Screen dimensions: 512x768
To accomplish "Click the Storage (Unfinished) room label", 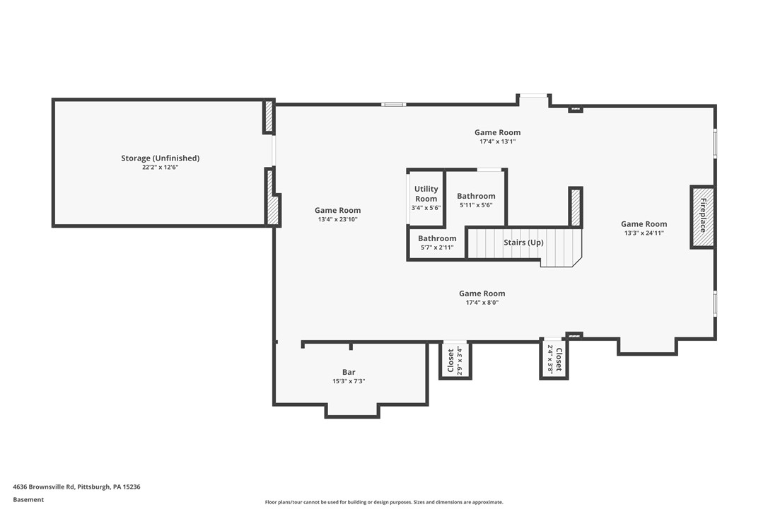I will coord(160,158).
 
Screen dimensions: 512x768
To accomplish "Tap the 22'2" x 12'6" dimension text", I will coord(160,168).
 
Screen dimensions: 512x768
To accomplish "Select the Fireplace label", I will coord(703,216).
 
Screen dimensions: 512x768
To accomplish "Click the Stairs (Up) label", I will coord(523,243).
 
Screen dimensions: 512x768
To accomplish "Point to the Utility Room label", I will coord(426,194).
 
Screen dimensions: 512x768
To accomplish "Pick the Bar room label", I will coord(349,372).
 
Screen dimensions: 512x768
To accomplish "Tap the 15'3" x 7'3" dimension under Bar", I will coord(349,381).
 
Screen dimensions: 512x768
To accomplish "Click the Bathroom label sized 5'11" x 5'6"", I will coord(476,196).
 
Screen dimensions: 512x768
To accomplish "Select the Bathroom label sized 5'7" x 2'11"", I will coord(437,238).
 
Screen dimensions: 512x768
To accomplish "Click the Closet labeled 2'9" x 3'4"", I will coord(450,360).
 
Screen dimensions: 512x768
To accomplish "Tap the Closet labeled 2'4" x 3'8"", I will coord(559,359).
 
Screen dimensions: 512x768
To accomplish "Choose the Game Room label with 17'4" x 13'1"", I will coord(497,132).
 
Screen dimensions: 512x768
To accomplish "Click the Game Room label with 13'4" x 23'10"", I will coord(337,210).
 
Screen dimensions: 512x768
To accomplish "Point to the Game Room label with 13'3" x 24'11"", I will coord(644,224).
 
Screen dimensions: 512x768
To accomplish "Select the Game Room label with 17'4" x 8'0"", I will coord(482,293).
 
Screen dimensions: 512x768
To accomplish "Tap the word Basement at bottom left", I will coord(28,499).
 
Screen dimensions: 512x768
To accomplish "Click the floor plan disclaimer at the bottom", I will coord(384,502).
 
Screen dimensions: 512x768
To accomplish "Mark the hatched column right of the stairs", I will coord(576,207).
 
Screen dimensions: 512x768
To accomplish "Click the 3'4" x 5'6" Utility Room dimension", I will coord(426,208).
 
